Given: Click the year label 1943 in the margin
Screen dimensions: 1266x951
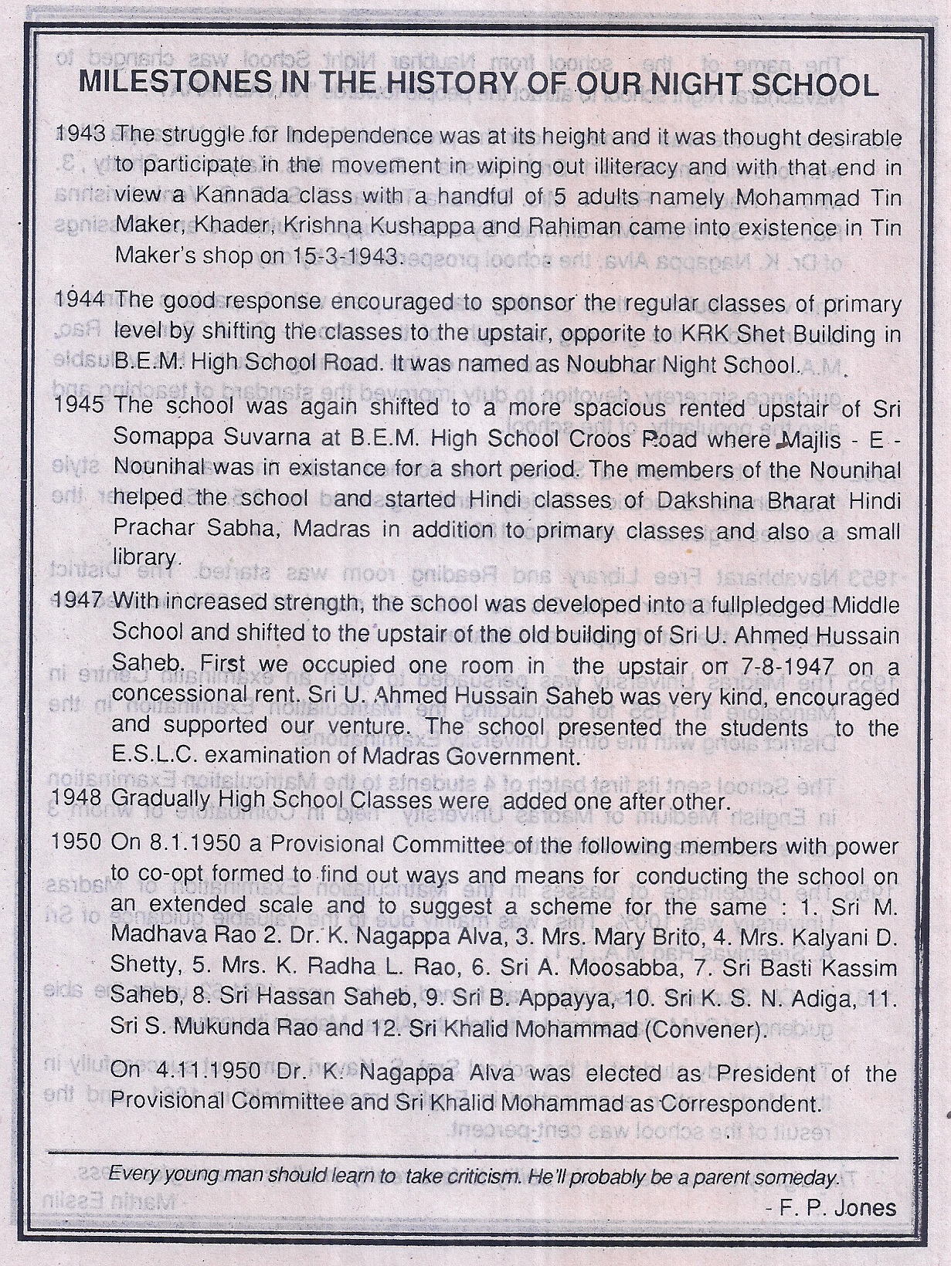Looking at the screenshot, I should click(x=81, y=134).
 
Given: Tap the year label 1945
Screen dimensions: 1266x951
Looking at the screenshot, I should click(x=81, y=405).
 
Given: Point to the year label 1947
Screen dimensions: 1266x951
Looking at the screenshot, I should click(x=81, y=601).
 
